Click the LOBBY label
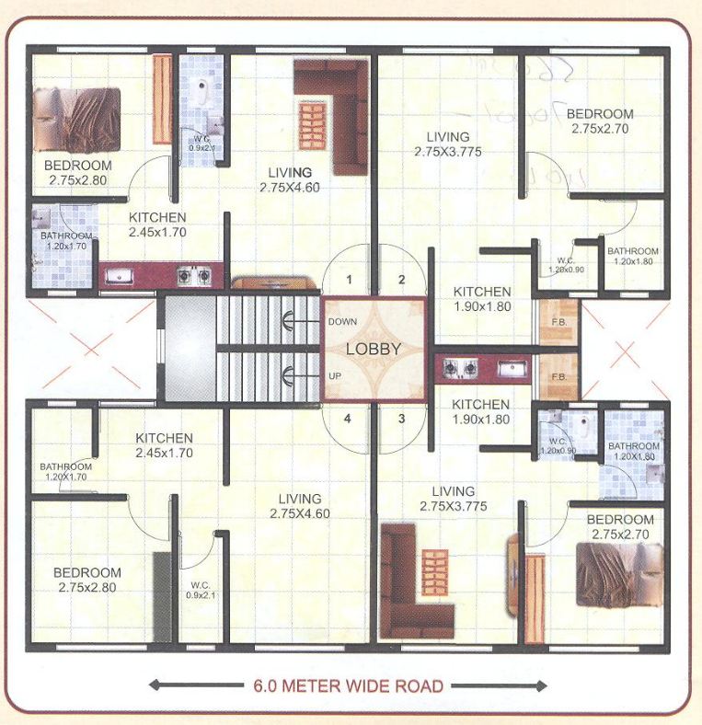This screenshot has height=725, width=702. (374, 349)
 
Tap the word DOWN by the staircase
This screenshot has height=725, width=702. (343, 321)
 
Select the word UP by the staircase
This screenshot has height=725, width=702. (337, 376)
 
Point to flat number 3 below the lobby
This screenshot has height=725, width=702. (401, 419)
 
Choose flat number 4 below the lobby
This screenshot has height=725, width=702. (349, 419)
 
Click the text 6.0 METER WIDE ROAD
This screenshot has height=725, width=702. (348, 685)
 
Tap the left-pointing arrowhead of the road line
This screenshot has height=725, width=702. (155, 685)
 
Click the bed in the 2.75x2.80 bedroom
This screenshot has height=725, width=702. (77, 120)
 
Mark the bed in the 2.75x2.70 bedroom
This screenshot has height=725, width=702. (620, 574)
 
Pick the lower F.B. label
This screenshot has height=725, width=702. (557, 377)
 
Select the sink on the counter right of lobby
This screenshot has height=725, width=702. (509, 368)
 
